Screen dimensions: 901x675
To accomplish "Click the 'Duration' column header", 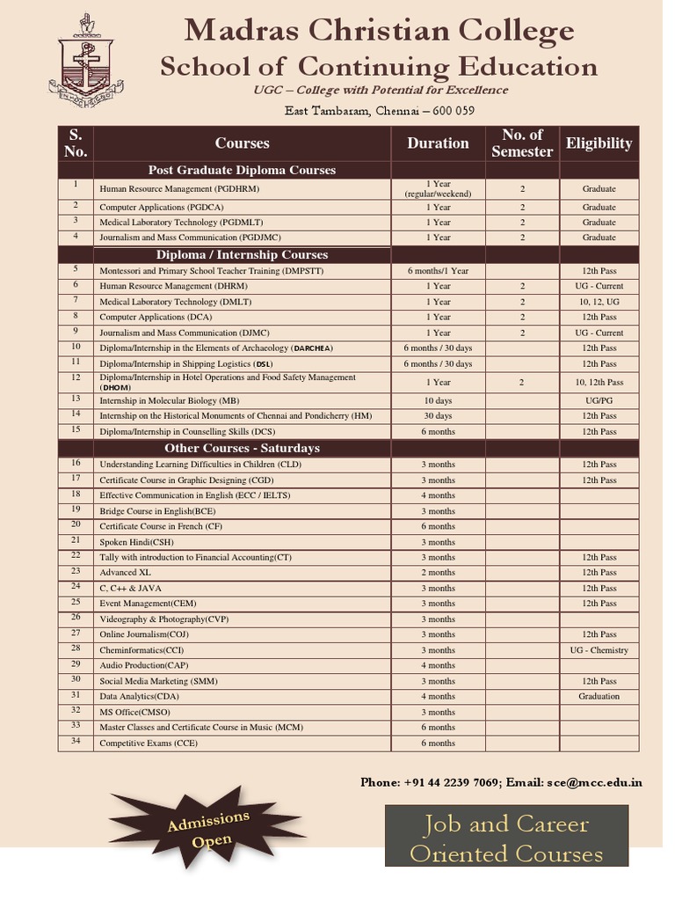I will click(438, 143).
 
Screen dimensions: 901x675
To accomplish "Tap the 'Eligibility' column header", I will click(599, 143).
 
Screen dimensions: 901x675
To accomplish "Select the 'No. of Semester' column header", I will click(522, 143).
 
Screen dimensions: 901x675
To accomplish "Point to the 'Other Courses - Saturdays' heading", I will click(242, 448).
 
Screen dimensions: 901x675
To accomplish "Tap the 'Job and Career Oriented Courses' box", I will click(506, 838).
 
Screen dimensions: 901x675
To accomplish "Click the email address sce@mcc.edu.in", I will click(594, 781).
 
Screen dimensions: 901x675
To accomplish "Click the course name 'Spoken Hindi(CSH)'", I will click(136, 542).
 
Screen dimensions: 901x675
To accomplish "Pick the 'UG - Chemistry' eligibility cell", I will click(599, 650).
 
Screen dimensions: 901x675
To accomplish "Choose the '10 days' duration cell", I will click(438, 399).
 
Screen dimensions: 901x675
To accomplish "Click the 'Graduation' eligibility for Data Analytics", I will click(599, 696).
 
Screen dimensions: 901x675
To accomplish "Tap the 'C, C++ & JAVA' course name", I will click(130, 588).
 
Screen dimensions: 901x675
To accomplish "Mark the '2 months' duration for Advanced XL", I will click(438, 573).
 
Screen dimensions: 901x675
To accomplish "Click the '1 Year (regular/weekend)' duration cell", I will click(438, 188).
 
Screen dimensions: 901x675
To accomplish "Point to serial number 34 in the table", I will click(76, 742).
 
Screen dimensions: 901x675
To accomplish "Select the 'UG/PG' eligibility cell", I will click(599, 399).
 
